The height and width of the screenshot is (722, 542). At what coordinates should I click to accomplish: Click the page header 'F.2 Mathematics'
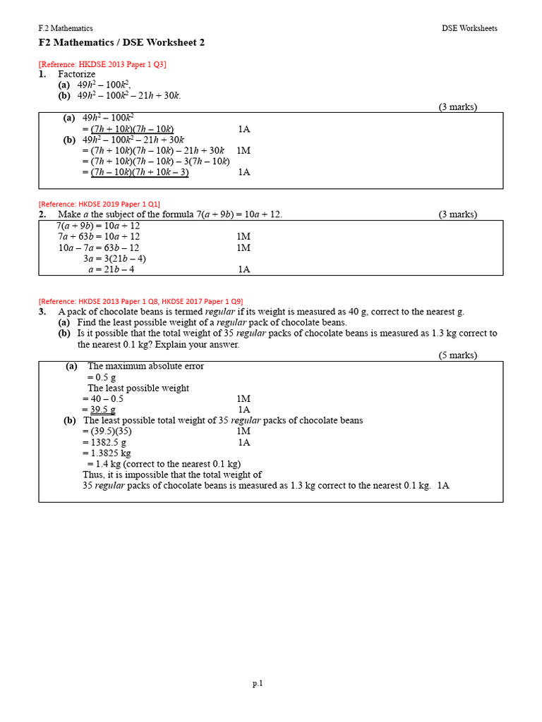[66, 28]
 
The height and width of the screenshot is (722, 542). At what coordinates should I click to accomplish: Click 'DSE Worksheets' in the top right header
[469, 28]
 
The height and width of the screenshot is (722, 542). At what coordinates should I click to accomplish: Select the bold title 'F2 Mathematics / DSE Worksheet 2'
[121, 43]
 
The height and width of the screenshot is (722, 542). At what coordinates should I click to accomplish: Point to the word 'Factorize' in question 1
[76, 74]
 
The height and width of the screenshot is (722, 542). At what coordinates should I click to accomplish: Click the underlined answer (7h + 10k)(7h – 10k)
[132, 129]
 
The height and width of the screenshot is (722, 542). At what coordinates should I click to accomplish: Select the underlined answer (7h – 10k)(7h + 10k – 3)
[140, 172]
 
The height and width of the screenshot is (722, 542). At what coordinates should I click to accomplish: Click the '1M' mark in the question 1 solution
[243, 150]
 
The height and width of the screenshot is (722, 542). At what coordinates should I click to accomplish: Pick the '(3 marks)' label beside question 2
[457, 214]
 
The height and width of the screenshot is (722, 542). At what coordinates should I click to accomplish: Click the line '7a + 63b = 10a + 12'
[98, 237]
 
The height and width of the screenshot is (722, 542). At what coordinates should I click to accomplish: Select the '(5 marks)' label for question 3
[457, 355]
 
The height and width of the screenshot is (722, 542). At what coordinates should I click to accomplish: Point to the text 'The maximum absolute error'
[145, 367]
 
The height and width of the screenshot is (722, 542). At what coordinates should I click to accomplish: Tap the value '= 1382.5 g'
[104, 442]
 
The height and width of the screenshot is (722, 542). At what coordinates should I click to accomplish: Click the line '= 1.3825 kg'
[107, 453]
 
